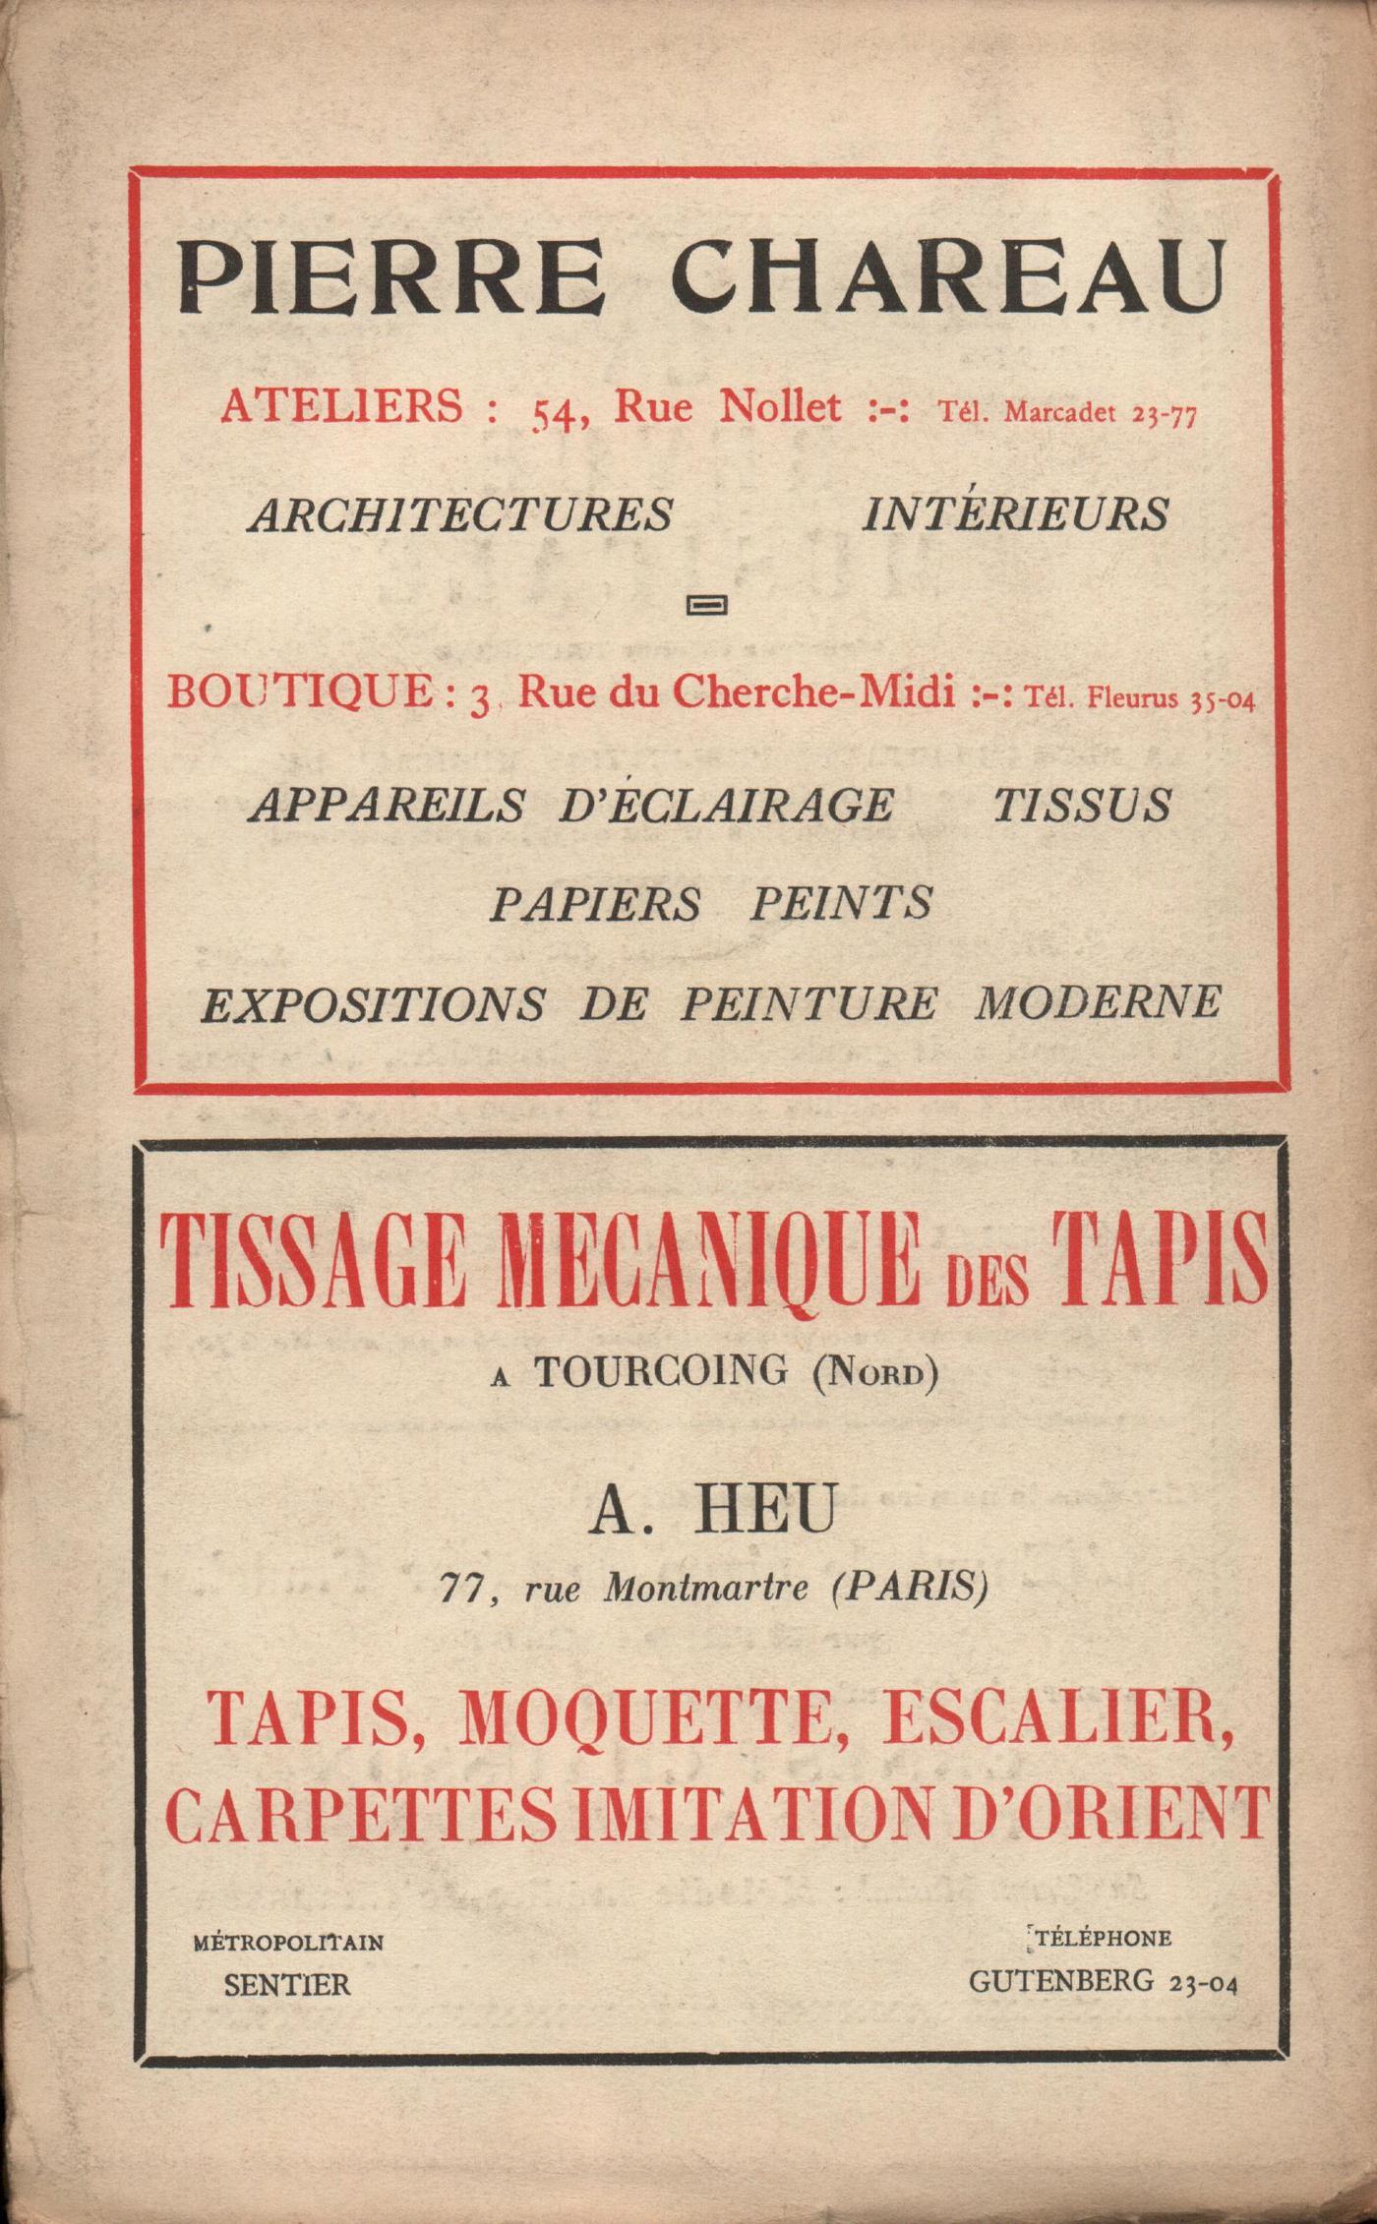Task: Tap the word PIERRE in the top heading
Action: [390, 278]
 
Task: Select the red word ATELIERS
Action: [341, 406]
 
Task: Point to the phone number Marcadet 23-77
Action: [1100, 413]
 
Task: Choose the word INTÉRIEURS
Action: [1016, 514]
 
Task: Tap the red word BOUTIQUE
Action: [299, 693]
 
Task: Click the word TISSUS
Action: [1081, 806]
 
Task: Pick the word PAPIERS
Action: [595, 903]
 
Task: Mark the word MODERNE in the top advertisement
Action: [1098, 1003]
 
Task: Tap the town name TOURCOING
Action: [661, 1370]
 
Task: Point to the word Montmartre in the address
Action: [704, 1588]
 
